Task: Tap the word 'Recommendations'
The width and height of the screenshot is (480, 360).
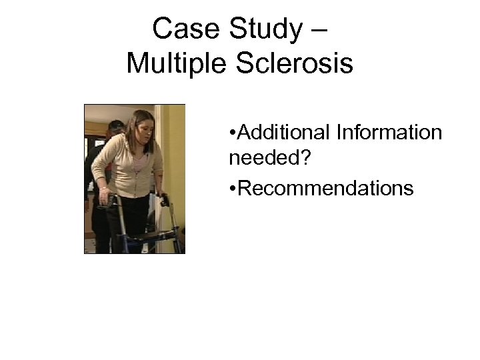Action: pos(325,189)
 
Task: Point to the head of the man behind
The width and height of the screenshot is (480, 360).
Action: pos(115,128)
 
